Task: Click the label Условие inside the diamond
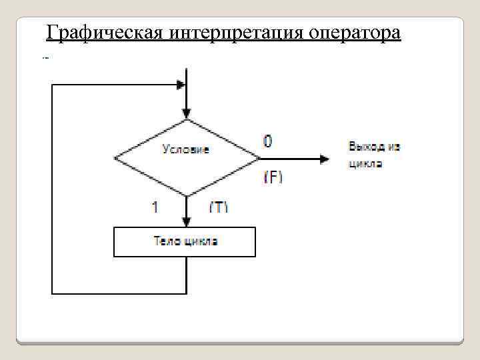pyautogui.click(x=186, y=149)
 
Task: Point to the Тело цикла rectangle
pyautogui.click(x=185, y=242)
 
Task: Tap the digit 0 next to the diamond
pyautogui.click(x=268, y=141)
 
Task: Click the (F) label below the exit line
pyautogui.click(x=273, y=177)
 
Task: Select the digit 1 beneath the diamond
pyautogui.click(x=155, y=207)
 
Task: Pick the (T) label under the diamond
pyautogui.click(x=219, y=207)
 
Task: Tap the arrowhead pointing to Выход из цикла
pyautogui.click(x=325, y=159)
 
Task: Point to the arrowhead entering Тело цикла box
pyautogui.click(x=187, y=221)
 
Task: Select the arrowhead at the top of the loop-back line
pyautogui.click(x=180, y=85)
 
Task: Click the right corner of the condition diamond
pyautogui.click(x=259, y=159)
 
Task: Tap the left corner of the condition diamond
pyautogui.click(x=115, y=159)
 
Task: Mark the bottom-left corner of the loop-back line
pyautogui.click(x=52, y=293)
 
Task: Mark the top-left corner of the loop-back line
pyautogui.click(x=52, y=85)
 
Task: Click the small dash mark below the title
pyautogui.click(x=46, y=58)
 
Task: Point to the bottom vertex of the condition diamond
pyautogui.click(x=187, y=197)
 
